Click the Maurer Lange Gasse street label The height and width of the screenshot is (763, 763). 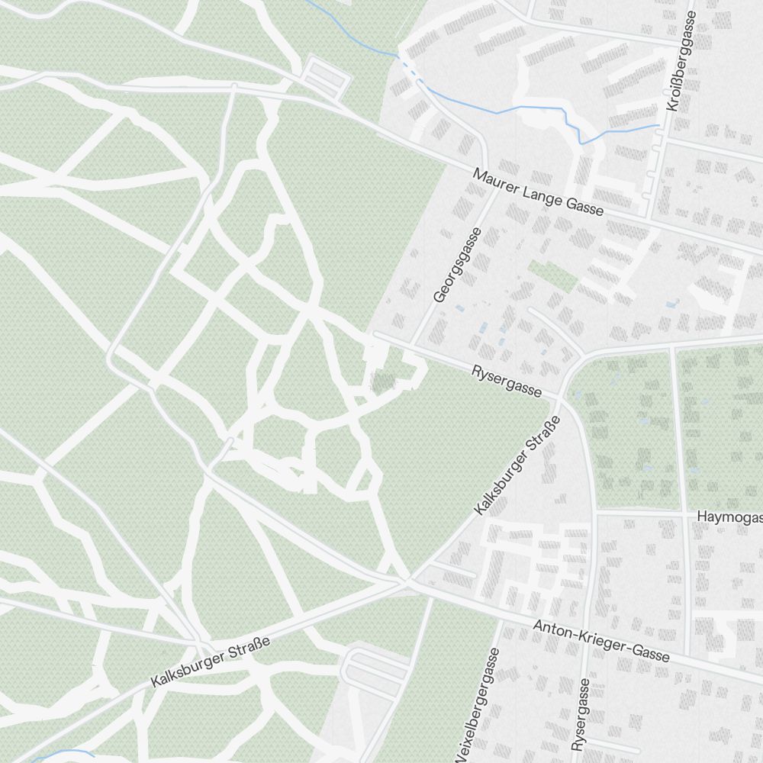coord(538,192)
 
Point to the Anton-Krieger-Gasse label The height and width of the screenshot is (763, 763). coord(601,640)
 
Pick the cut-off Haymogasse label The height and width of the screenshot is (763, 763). coord(729,517)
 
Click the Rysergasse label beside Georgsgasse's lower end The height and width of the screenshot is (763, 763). coord(507,381)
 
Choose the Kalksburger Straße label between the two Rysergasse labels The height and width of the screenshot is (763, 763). coord(517,465)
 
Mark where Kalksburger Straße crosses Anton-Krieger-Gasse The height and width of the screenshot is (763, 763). coord(407,582)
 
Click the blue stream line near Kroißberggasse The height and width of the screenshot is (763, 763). coord(534,108)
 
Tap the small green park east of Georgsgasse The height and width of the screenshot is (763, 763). coord(553,275)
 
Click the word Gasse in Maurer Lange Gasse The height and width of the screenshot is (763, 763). coord(585,205)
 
